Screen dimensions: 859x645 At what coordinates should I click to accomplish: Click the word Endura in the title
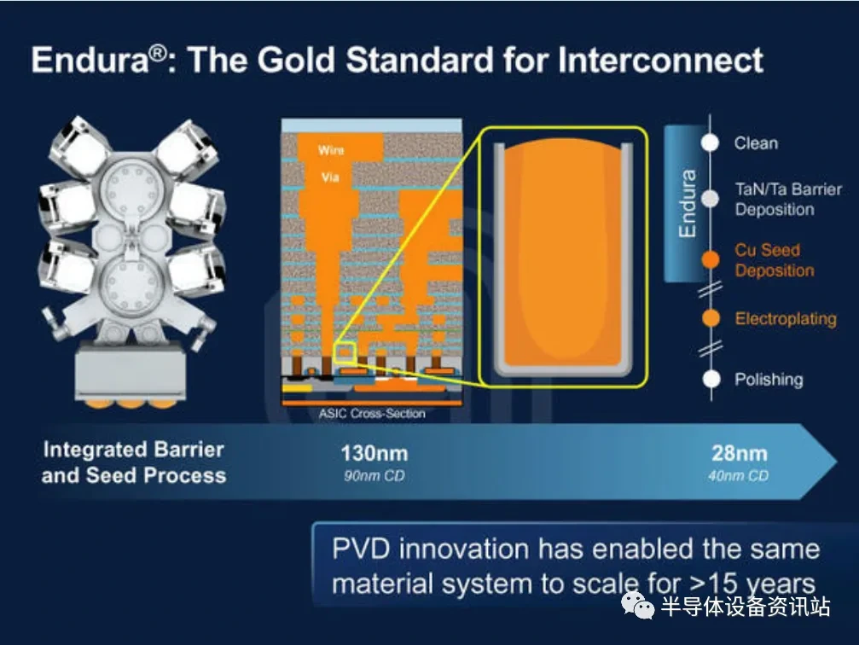click(90, 60)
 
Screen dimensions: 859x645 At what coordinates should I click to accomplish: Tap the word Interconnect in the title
click(660, 60)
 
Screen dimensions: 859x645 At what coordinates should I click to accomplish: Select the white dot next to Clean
click(710, 142)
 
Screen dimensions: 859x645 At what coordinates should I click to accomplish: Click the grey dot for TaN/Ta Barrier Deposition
click(710, 199)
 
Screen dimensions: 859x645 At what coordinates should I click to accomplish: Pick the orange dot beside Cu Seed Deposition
click(711, 259)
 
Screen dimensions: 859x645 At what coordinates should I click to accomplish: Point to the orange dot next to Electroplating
click(711, 318)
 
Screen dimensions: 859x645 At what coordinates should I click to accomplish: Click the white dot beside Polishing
click(711, 379)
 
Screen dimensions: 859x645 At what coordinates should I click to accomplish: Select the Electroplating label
click(786, 319)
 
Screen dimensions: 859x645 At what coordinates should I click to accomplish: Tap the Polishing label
click(769, 380)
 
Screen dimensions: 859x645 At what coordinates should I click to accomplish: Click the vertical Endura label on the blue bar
click(687, 203)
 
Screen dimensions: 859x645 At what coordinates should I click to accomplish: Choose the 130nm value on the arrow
click(374, 454)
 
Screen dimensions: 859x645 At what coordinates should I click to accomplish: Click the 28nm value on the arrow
click(739, 454)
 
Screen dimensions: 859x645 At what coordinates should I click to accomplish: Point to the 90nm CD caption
click(374, 476)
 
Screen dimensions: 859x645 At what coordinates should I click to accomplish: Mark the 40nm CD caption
click(739, 476)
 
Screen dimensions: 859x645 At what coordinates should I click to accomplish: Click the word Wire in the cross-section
click(331, 149)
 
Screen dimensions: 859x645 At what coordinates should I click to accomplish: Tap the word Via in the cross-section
click(330, 177)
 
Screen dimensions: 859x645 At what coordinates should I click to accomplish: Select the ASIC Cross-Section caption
click(372, 414)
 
